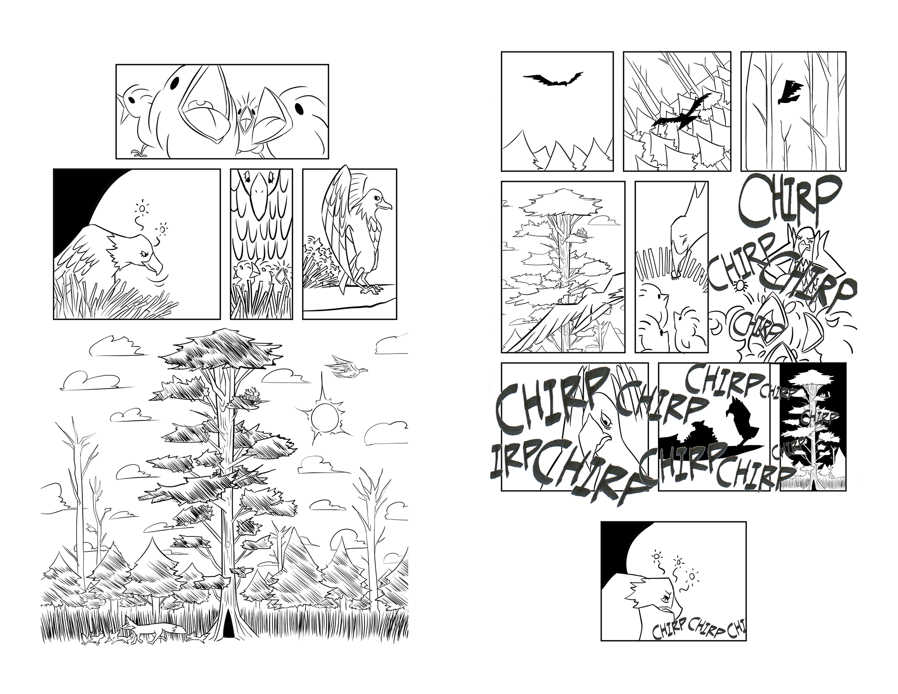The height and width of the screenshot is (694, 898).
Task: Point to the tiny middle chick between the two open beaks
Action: (x=244, y=119)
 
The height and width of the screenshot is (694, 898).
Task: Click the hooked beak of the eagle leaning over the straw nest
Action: (x=155, y=267)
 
